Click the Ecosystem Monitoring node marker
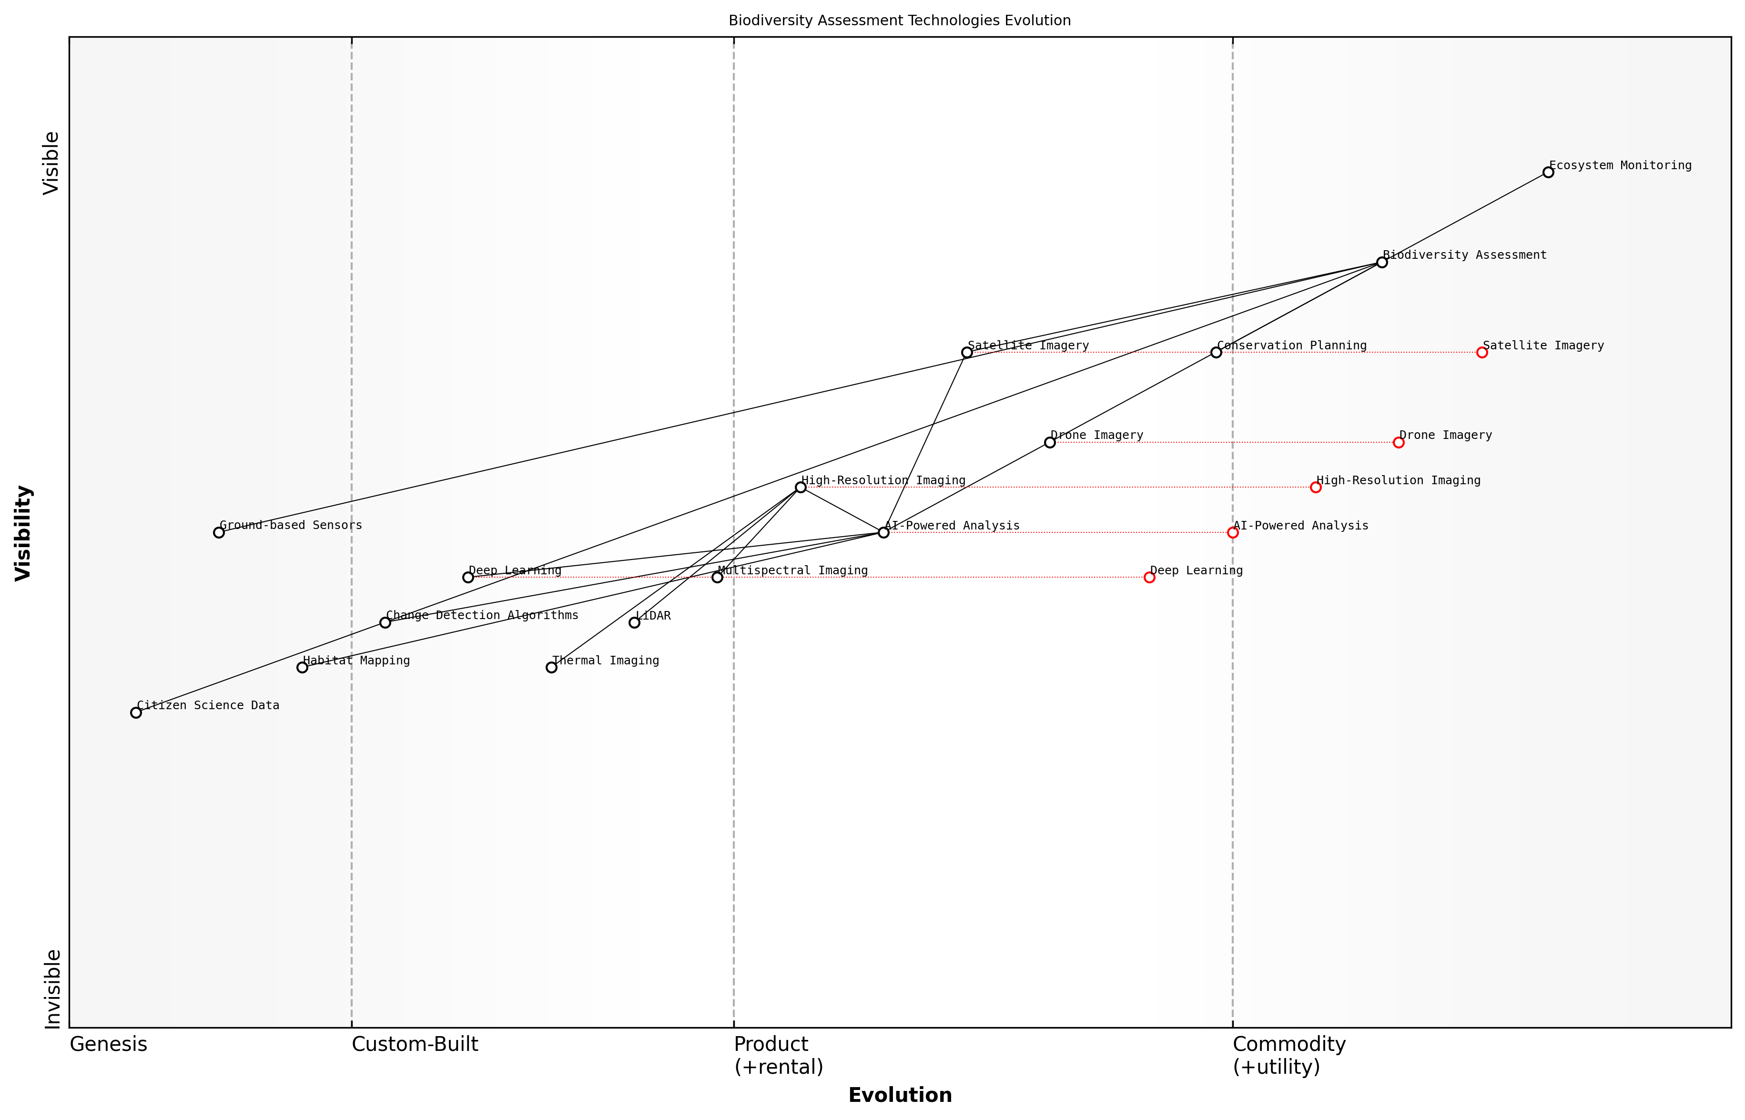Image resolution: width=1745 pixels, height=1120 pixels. pos(1548,173)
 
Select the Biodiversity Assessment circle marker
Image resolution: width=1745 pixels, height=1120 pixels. pos(1381,263)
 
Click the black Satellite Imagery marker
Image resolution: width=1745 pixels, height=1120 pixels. pos(967,353)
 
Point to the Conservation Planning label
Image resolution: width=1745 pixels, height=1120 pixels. pos(1291,346)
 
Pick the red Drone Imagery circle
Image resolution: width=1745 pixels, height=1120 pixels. pos(1398,442)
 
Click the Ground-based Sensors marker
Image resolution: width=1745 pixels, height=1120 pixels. pos(219,532)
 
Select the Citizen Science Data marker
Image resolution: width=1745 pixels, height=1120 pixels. pos(136,713)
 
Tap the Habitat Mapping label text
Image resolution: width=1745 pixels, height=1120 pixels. pos(356,661)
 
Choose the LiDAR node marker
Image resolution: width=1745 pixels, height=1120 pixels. pos(634,622)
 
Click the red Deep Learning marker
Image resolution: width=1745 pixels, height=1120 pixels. pos(1149,578)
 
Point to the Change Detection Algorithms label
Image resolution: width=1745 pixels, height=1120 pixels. pos(482,615)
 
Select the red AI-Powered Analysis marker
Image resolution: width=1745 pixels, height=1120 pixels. pos(1232,532)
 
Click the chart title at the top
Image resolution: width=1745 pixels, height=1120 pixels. pos(899,20)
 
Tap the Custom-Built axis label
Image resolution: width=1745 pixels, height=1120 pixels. pos(415,1044)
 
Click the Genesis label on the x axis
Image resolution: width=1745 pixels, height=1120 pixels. pos(108,1044)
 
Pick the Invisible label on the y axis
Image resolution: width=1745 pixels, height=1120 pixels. pos(52,989)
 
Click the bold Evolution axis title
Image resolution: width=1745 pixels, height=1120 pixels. pos(899,1095)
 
